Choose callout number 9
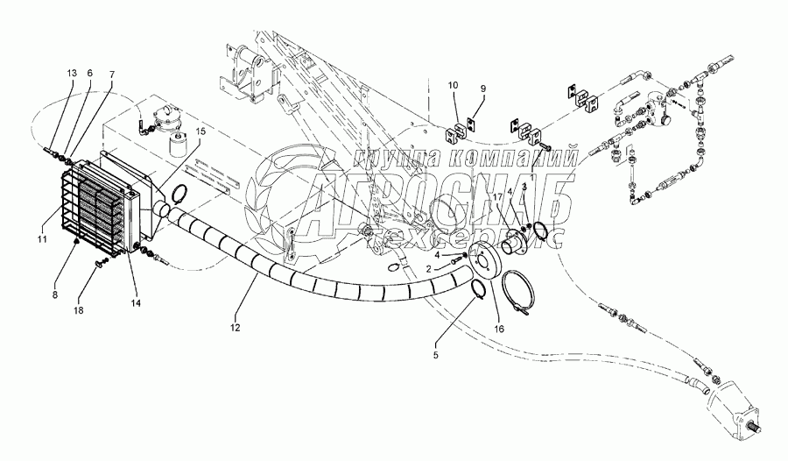click(480, 88)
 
